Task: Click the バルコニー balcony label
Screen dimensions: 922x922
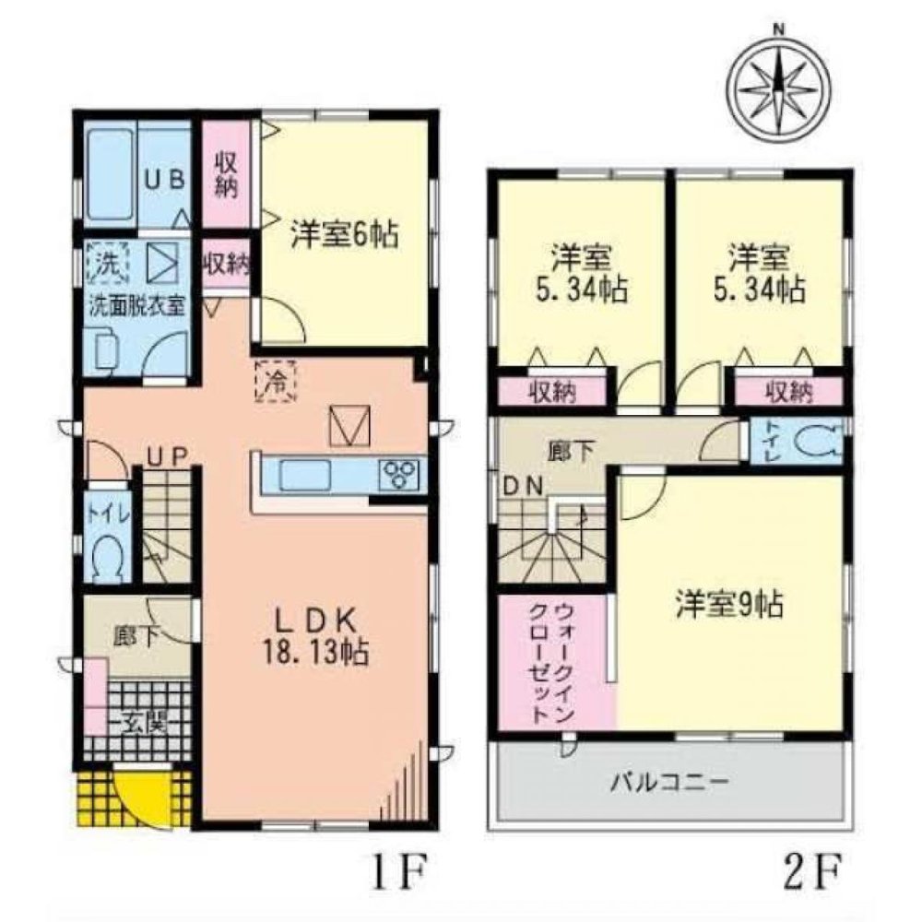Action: point(671,784)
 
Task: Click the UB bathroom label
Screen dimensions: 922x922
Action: point(165,178)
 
